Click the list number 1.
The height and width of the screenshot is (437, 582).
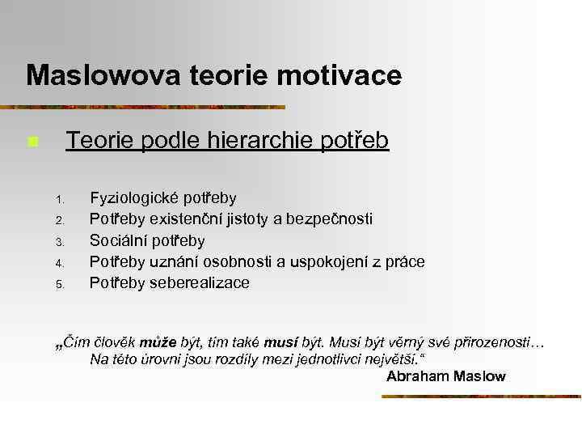(59, 199)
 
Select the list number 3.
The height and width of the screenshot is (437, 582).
(59, 242)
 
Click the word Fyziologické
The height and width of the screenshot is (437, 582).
(134, 198)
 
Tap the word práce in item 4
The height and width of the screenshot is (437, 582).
(407, 261)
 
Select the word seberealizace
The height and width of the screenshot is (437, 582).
(200, 282)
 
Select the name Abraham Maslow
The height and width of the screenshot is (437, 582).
(445, 376)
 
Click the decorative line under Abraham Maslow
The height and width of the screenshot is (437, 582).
(481, 397)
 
